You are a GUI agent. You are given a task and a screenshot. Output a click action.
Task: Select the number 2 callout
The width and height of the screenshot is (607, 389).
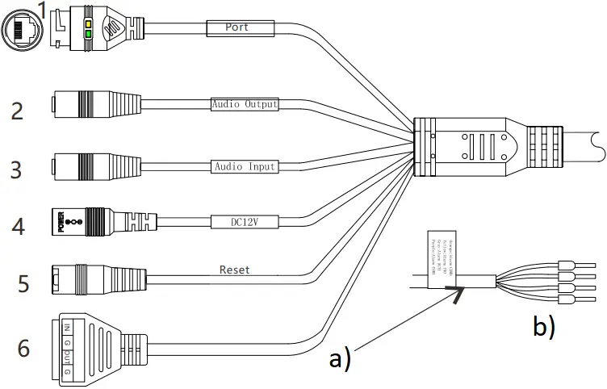pyautogui.click(x=17, y=111)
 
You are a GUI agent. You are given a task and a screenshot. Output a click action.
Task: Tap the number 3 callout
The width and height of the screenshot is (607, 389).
pyautogui.click(x=17, y=169)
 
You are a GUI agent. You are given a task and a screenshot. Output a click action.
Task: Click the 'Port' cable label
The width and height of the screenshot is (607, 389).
pyautogui.click(x=237, y=27)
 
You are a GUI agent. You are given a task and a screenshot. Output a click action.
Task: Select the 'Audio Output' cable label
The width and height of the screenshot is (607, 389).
pyautogui.click(x=245, y=105)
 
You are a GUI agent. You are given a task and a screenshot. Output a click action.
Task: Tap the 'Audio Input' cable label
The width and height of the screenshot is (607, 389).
pyautogui.click(x=245, y=167)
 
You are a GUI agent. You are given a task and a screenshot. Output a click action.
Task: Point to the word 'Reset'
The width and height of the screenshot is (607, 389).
pyautogui.click(x=234, y=270)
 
